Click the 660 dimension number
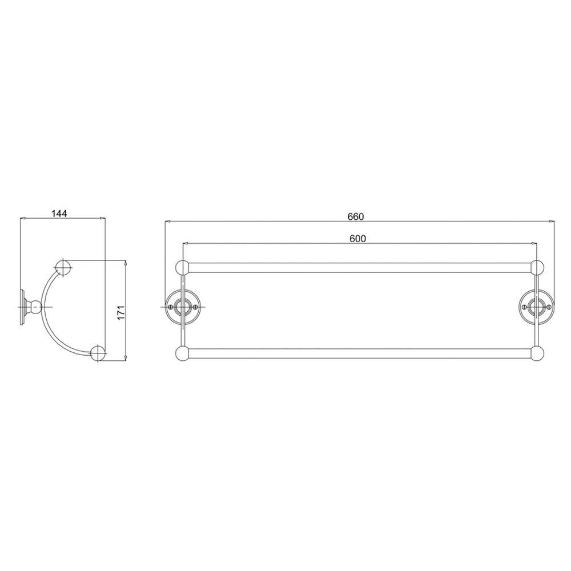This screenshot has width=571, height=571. (355, 216)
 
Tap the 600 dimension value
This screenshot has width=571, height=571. (357, 239)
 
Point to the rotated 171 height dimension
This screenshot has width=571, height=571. (120, 312)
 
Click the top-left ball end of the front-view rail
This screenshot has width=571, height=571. (182, 268)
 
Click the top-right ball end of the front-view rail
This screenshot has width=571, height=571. (537, 268)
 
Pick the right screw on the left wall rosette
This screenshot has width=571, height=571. (196, 307)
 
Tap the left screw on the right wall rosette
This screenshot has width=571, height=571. (524, 307)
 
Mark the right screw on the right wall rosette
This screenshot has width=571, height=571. (549, 307)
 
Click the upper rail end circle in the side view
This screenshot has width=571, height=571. (63, 267)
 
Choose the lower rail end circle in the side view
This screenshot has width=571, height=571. (98, 352)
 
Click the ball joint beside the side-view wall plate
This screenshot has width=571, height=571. (36, 307)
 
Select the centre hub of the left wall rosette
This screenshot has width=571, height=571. (183, 307)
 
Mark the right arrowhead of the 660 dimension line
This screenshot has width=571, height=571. (554, 221)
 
